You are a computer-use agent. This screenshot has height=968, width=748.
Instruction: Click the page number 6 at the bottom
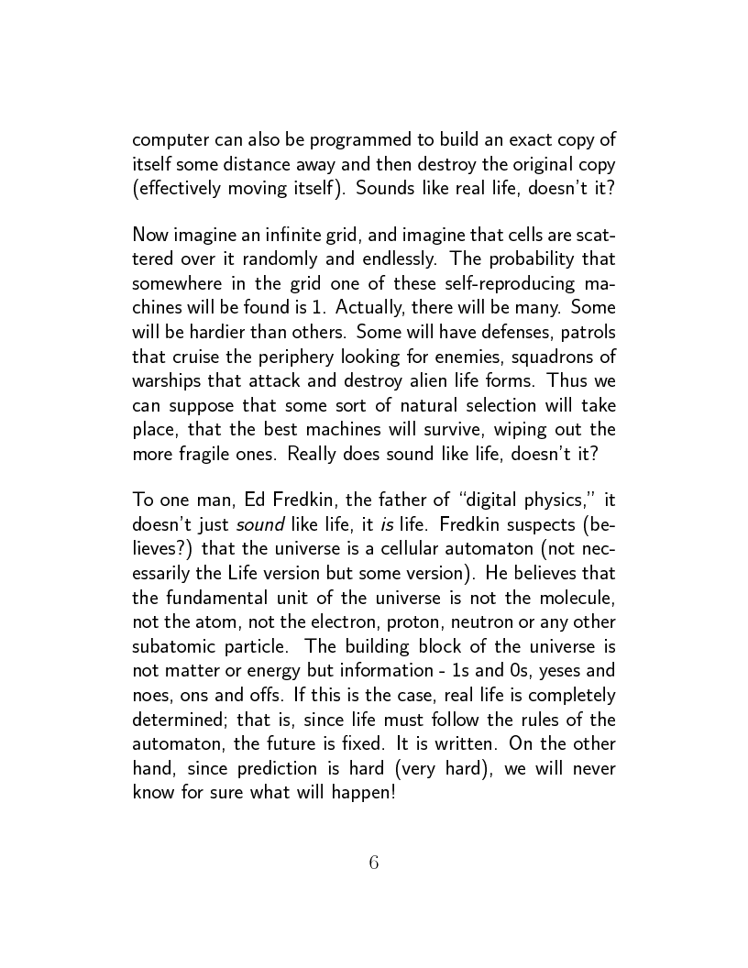coord(373,863)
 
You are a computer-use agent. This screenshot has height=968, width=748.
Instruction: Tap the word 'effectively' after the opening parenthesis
coord(180,189)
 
